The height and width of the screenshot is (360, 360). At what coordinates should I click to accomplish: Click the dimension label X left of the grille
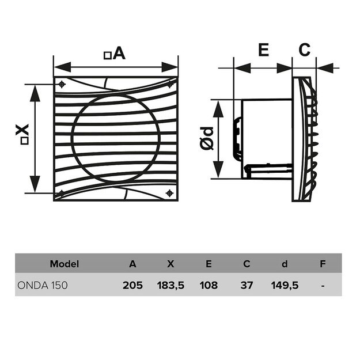[x=23, y=134]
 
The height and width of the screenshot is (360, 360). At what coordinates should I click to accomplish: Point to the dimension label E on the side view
[x=263, y=50]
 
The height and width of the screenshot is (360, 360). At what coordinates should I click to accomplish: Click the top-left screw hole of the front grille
[x=62, y=84]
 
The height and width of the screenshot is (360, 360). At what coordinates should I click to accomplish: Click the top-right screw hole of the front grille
[x=170, y=84]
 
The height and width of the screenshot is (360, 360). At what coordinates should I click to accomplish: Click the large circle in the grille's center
[x=115, y=138]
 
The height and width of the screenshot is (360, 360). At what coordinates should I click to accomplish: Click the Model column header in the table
[x=64, y=264]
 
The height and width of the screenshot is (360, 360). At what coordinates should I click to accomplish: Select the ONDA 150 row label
[x=43, y=285]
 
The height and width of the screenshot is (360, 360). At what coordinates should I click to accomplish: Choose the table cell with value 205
[x=132, y=285]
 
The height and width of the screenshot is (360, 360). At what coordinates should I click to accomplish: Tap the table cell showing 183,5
[x=170, y=285]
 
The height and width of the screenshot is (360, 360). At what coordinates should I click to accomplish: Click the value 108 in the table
[x=209, y=285]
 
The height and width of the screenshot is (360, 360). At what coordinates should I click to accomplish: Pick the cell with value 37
[x=247, y=285]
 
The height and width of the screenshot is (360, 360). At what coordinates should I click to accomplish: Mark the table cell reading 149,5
[x=285, y=285]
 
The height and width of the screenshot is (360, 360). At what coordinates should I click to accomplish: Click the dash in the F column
[x=323, y=285]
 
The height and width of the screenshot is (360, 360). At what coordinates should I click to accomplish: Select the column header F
[x=323, y=264]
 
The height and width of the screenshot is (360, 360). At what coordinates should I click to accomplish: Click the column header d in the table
[x=285, y=264]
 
